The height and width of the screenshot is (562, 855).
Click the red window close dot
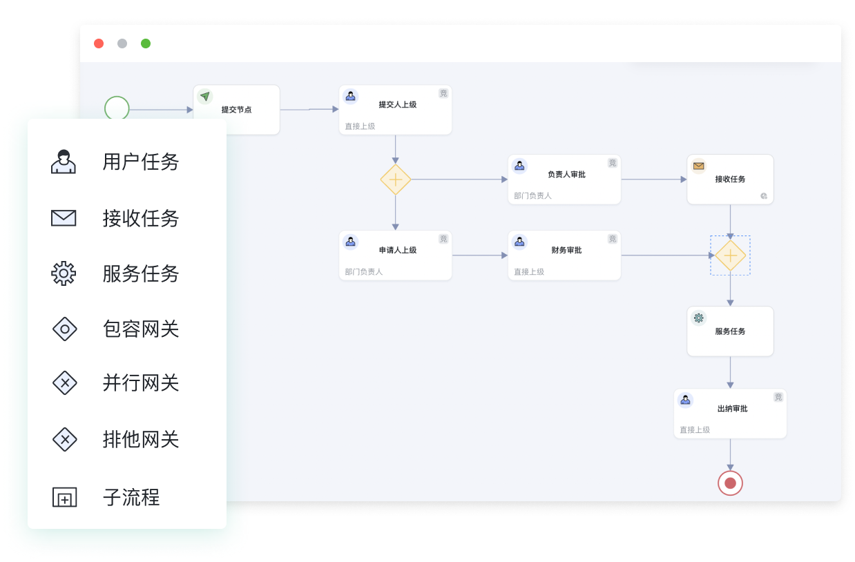[99, 43]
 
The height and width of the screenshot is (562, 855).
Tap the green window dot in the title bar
[146, 43]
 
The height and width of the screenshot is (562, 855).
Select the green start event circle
[117, 108]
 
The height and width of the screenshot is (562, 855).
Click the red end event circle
[730, 483]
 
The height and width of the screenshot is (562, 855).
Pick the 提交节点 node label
[236, 110]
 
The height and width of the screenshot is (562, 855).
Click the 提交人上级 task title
[397, 104]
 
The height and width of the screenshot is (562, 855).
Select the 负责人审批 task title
[566, 175]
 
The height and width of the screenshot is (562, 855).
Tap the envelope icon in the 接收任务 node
[698, 166]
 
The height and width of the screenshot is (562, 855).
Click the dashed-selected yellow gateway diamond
[730, 255]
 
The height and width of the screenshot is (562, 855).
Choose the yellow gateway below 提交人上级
[396, 180]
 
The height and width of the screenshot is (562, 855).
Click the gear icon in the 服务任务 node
[698, 318]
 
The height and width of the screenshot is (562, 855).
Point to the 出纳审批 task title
[732, 409]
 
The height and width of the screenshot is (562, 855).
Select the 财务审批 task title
[566, 251]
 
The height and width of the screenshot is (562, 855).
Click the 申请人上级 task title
[397, 251]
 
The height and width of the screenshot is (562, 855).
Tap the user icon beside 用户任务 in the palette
[64, 162]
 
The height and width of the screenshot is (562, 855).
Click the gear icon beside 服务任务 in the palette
[64, 273]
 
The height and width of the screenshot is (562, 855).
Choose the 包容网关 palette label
[141, 329]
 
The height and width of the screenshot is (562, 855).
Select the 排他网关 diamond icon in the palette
[64, 439]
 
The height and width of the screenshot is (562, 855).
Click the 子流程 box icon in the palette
[64, 497]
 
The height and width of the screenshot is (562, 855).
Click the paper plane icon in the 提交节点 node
[205, 96]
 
